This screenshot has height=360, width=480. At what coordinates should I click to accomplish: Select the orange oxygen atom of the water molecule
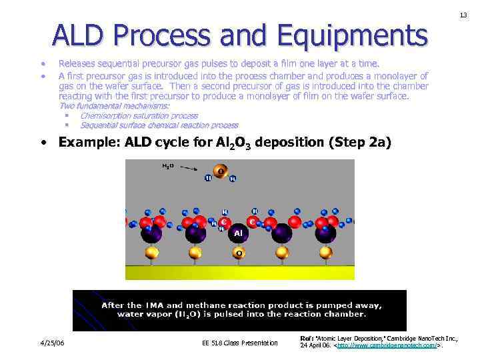pyautogui.click(x=221, y=172)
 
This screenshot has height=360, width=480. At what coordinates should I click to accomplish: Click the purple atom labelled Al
pyautogui.click(x=238, y=233)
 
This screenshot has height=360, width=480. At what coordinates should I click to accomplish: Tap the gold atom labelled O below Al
pyautogui.click(x=239, y=253)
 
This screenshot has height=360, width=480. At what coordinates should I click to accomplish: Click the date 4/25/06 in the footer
pyautogui.click(x=51, y=343)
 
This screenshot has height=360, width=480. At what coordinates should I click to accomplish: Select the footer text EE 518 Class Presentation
pyautogui.click(x=239, y=343)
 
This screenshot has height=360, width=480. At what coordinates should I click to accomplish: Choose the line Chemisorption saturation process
pyautogui.click(x=139, y=115)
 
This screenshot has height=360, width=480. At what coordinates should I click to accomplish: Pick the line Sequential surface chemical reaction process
pyautogui.click(x=159, y=125)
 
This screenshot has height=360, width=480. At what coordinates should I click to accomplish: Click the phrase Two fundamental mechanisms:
pyautogui.click(x=115, y=105)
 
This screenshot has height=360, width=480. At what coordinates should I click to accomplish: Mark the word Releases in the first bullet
pyautogui.click(x=77, y=64)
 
